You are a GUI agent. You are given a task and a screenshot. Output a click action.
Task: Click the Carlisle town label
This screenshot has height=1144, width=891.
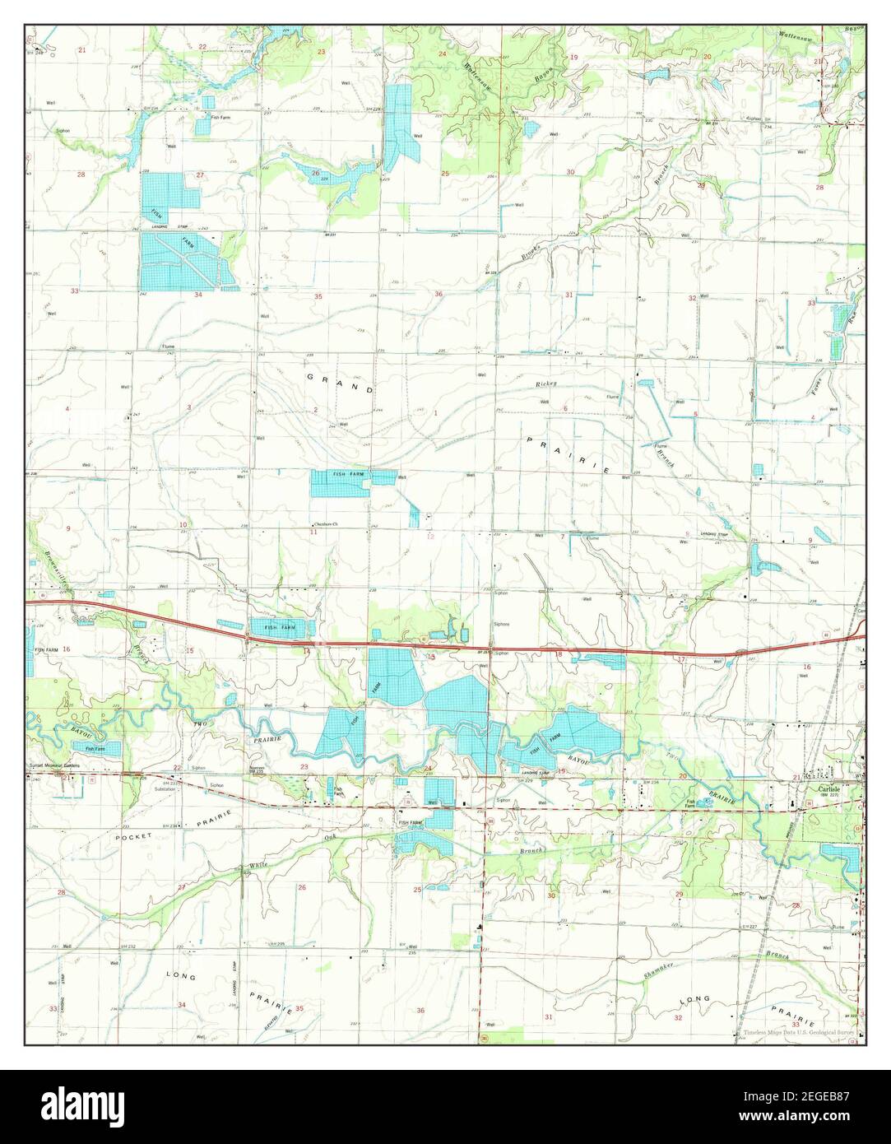click(x=825, y=787)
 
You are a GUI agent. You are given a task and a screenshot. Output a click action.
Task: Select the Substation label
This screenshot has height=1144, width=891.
click(x=165, y=788)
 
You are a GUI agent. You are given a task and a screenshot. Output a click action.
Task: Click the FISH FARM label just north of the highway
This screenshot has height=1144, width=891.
click(x=279, y=628)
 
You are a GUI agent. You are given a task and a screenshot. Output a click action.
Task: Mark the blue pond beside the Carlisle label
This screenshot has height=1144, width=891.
click(x=841, y=860)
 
